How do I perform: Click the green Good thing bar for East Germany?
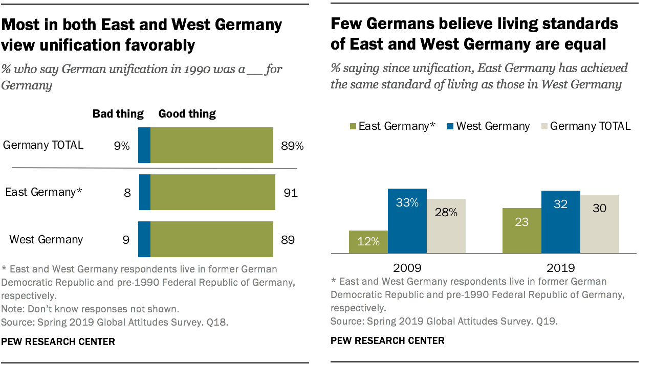coord(212,192)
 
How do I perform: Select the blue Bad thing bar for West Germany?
coord(144,239)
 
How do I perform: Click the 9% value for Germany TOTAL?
coord(122,146)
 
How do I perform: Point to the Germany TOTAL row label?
coord(43,145)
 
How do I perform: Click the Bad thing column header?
coord(118,113)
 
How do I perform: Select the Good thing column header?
coord(187,113)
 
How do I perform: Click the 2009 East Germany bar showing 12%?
coord(368,242)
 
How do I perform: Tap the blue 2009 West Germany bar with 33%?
coord(407,221)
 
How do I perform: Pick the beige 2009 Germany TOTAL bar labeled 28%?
coord(446,226)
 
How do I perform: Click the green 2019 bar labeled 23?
coord(521,231)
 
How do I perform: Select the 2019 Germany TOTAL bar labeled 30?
coord(599,224)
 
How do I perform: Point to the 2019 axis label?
coord(560,267)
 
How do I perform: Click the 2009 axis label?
coord(407,267)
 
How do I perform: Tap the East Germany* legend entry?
coord(391,126)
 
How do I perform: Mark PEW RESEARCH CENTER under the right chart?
coord(387,340)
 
